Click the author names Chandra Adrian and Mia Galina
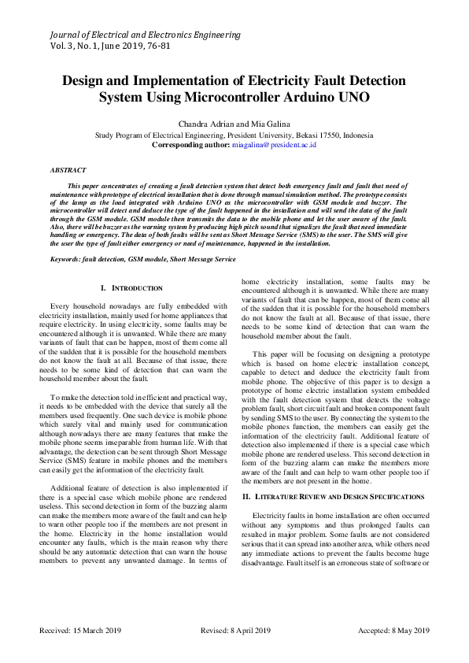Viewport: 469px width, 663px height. pyautogui.click(x=234, y=124)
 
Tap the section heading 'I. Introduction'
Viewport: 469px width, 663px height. pyautogui.click(x=132, y=289)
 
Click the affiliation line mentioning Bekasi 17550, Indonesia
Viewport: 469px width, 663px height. pyautogui.click(x=234, y=135)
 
